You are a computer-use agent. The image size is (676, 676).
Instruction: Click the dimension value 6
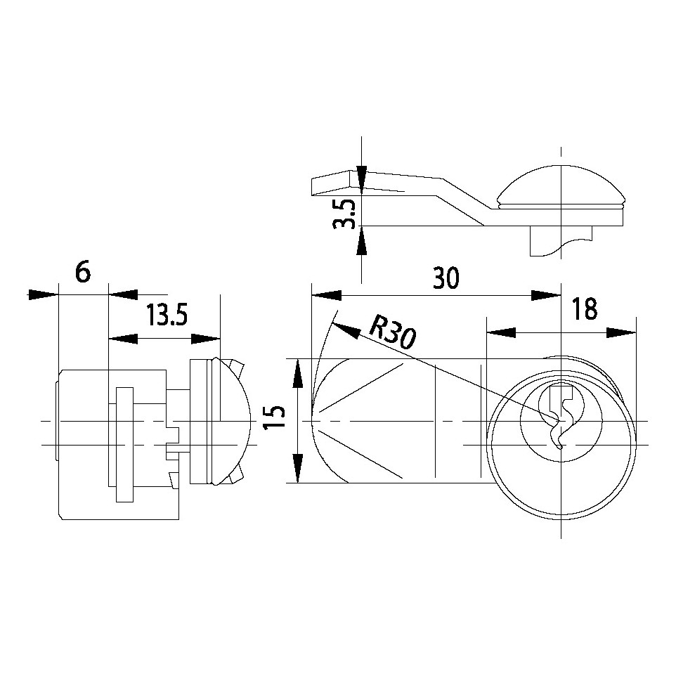[x=83, y=273]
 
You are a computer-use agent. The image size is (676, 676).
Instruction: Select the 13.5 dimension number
[x=167, y=315]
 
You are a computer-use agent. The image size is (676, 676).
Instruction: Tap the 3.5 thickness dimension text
[x=344, y=213]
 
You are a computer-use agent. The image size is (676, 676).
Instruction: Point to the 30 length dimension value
[x=446, y=278]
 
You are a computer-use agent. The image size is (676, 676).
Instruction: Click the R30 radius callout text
[x=392, y=331]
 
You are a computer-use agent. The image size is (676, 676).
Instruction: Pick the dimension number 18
[x=585, y=308]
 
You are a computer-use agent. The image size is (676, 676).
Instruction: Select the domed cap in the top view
[x=561, y=186]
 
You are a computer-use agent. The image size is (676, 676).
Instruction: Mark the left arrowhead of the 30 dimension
[x=326, y=295]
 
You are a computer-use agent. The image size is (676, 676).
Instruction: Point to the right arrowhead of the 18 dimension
[x=621, y=333]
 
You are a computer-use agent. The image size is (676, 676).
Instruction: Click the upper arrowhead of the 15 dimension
[x=297, y=374]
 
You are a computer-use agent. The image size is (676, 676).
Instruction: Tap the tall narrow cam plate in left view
[x=124, y=445]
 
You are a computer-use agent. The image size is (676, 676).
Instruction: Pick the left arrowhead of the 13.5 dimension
[x=123, y=339]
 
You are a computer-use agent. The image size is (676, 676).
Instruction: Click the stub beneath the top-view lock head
[x=561, y=241]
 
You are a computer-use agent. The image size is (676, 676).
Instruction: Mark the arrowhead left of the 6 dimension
[x=43, y=295]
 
